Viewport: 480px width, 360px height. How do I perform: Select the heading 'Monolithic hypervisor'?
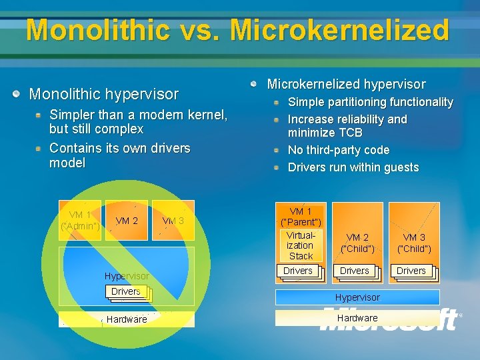pyautogui.click(x=104, y=95)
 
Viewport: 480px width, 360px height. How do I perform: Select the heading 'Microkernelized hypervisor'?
pyautogui.click(x=346, y=84)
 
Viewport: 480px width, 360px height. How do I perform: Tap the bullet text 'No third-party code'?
pyautogui.click(x=338, y=150)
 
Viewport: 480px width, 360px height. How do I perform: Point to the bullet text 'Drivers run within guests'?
pyautogui.click(x=353, y=167)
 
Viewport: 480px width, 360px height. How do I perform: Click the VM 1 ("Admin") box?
pyautogui.click(x=80, y=221)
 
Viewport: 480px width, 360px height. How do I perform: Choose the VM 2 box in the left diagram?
pyautogui.click(x=127, y=221)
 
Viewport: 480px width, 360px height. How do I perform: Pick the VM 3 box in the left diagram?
pyautogui.click(x=173, y=221)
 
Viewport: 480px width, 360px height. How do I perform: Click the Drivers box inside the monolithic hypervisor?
pyautogui.click(x=126, y=291)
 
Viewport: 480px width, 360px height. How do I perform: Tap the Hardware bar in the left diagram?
pyautogui.click(x=127, y=319)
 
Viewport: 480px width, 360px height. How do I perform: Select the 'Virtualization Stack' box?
pyautogui.click(x=301, y=246)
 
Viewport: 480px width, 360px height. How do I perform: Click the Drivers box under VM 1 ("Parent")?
pyautogui.click(x=298, y=271)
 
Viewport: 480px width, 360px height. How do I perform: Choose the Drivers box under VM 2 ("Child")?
pyautogui.click(x=355, y=271)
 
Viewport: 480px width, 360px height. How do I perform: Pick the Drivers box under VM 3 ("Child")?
pyautogui.click(x=411, y=271)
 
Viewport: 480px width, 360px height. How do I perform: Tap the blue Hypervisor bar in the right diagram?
pyautogui.click(x=357, y=297)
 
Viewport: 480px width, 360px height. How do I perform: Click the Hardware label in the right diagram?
pyautogui.click(x=357, y=318)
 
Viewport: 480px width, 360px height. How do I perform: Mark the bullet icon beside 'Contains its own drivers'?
pyautogui.click(x=40, y=148)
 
